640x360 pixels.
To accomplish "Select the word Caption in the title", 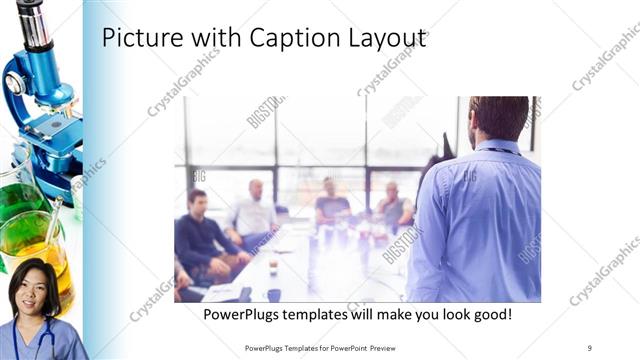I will (277, 39).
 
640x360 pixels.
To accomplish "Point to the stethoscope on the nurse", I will (40, 338).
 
